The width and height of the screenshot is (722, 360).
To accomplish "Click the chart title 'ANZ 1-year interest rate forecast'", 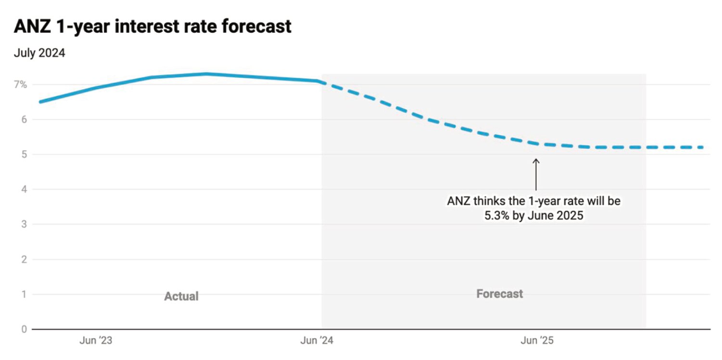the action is [x=152, y=26].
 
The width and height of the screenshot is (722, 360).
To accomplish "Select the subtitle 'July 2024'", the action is [x=39, y=53].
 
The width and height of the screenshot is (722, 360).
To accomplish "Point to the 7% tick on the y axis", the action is [x=20, y=85].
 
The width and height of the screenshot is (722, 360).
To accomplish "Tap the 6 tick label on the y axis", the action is [x=24, y=120].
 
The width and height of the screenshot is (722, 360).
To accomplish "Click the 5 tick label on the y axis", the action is [x=24, y=154].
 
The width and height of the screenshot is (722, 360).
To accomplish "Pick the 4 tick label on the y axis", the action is [x=24, y=189].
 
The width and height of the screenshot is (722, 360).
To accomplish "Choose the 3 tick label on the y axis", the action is [x=24, y=224].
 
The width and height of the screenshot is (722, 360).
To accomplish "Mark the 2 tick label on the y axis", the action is [x=24, y=259].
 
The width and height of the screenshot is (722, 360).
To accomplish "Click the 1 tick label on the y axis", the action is [x=24, y=294].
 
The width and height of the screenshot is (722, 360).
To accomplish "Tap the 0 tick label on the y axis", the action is [x=24, y=329].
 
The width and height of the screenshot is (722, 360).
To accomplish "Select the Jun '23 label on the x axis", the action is [x=96, y=341].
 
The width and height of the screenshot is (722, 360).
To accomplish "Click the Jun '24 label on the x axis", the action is [x=317, y=341].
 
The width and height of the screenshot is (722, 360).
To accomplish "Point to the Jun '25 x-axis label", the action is [x=537, y=341].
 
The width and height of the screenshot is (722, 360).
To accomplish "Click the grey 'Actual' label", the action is [x=181, y=296].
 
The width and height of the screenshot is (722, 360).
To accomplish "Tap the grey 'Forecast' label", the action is [x=500, y=294].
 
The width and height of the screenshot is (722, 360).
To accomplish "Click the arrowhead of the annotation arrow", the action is [x=536, y=159].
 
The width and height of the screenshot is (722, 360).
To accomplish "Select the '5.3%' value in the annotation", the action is [x=497, y=216].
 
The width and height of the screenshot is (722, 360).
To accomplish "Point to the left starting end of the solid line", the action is [x=40, y=102].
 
